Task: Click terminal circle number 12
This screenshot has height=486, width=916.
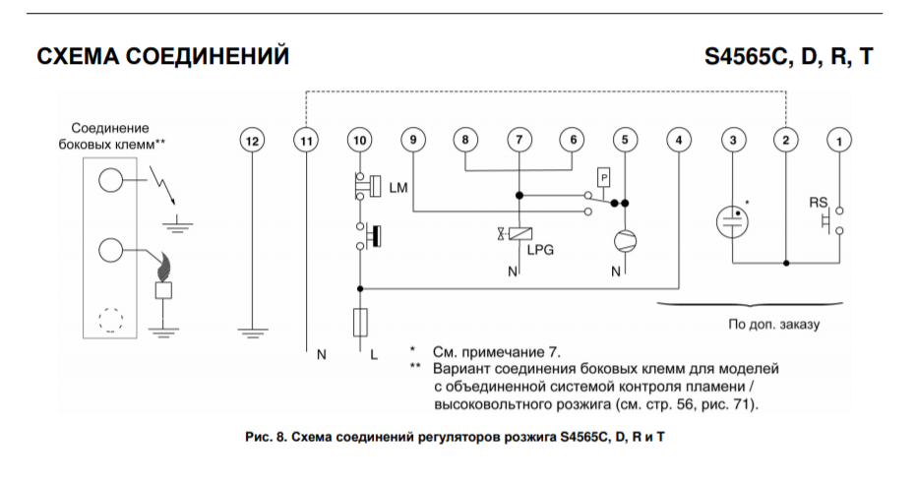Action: point(253,141)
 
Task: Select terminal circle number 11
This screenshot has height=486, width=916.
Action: point(307,141)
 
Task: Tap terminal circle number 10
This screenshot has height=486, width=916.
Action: point(360,141)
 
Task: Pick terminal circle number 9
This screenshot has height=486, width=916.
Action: point(413,141)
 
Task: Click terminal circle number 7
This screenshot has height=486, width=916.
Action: point(519,141)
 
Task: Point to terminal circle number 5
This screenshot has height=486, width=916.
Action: point(625,141)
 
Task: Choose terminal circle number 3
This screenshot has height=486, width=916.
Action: point(732,141)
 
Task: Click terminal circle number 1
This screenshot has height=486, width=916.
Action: point(838,141)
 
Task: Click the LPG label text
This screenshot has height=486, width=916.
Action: point(539,250)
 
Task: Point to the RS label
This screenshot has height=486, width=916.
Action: point(819,204)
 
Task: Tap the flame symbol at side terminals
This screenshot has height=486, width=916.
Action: point(162,266)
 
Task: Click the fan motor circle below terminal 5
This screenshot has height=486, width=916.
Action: point(625,241)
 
